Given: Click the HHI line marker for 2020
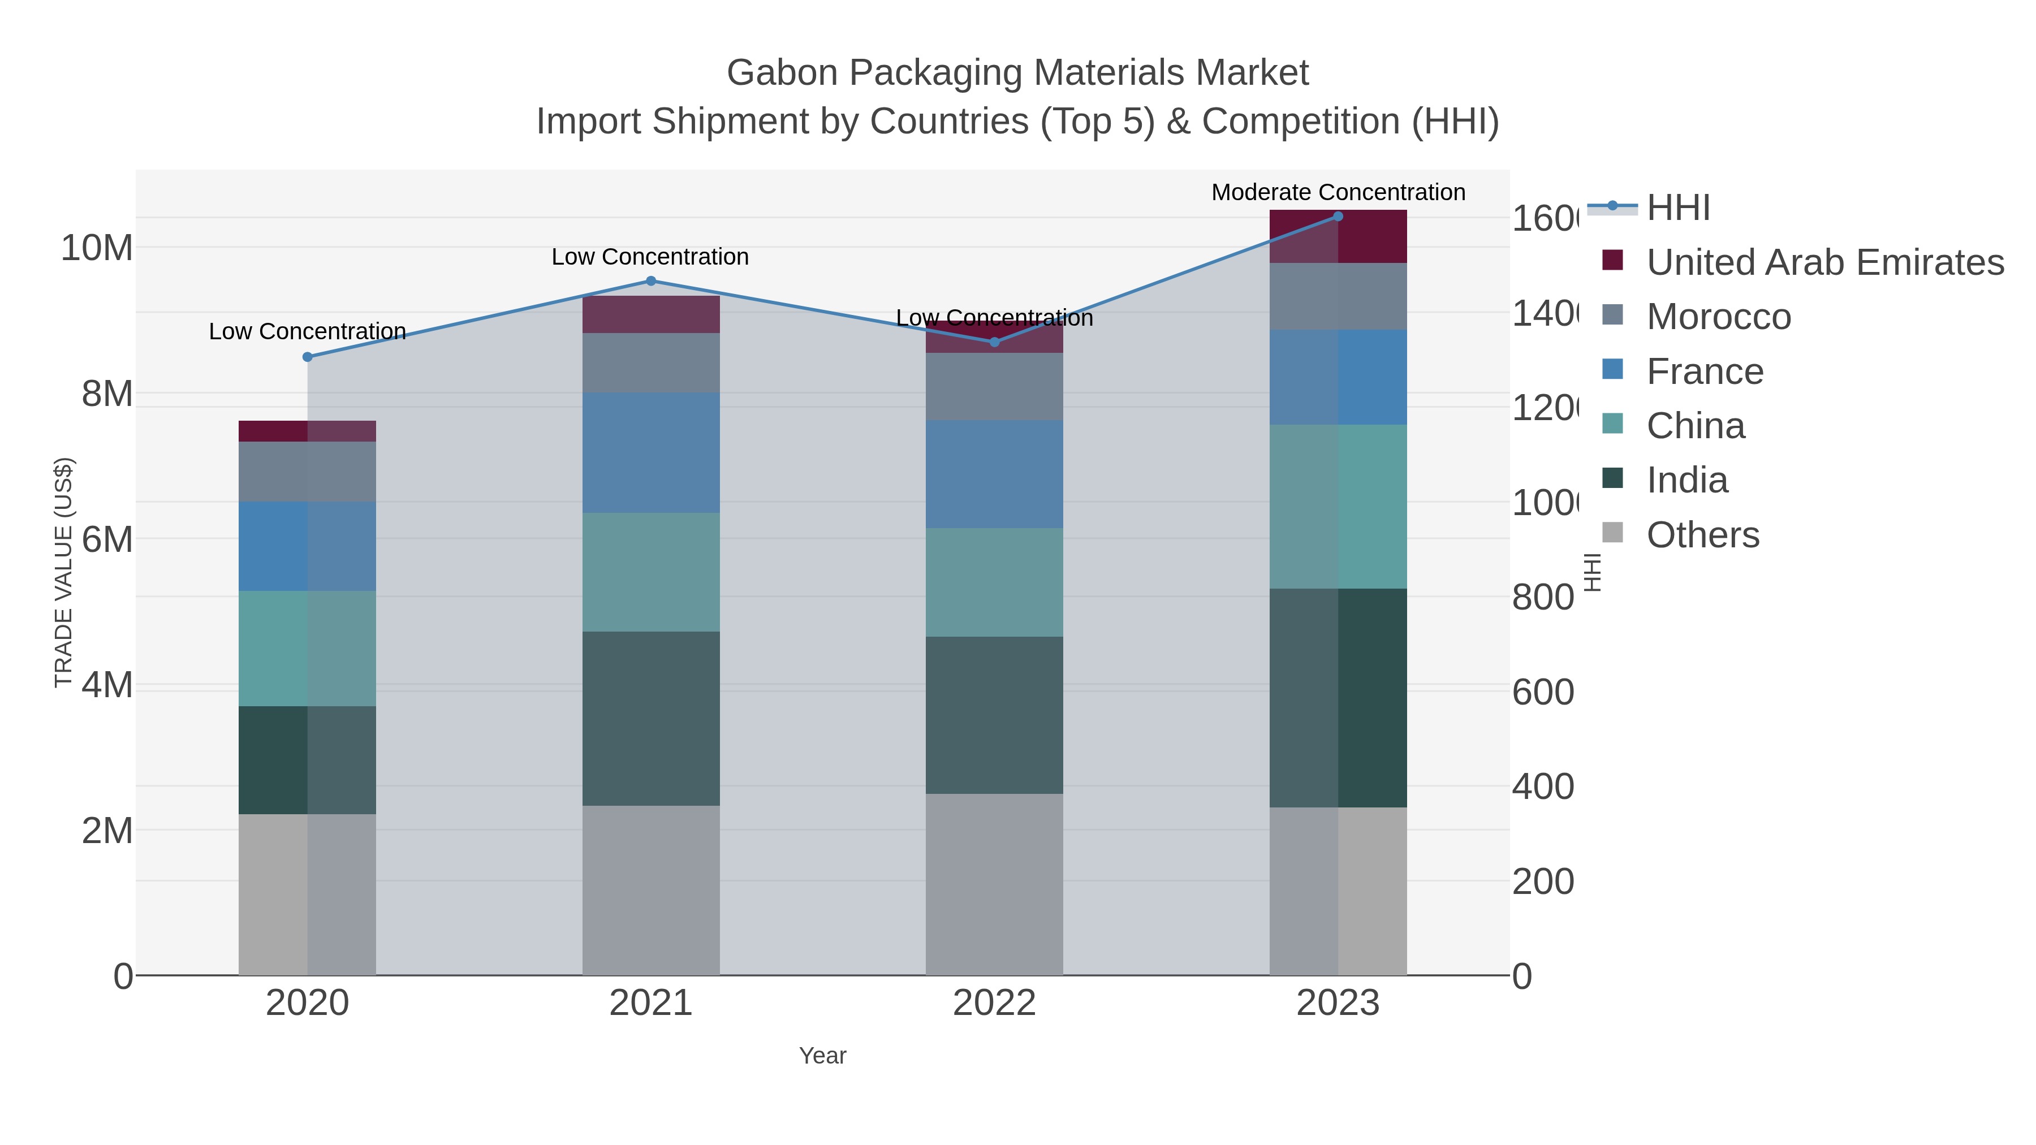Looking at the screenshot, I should pyautogui.click(x=308, y=357).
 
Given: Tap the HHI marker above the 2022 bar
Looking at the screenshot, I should pyautogui.click(x=994, y=342).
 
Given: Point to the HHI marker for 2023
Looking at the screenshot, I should pyautogui.click(x=1338, y=217).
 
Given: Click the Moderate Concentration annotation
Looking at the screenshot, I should pyautogui.click(x=1338, y=192).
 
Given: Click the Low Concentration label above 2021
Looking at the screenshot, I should pyautogui.click(x=650, y=257).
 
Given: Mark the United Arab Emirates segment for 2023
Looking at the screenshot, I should pyautogui.click(x=1338, y=236).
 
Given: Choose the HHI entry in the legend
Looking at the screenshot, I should pyautogui.click(x=1678, y=208).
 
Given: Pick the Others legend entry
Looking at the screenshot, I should pyautogui.click(x=1702, y=535).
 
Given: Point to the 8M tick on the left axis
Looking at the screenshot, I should pyautogui.click(x=107, y=394).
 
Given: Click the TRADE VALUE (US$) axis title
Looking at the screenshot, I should pyautogui.click(x=63, y=572).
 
